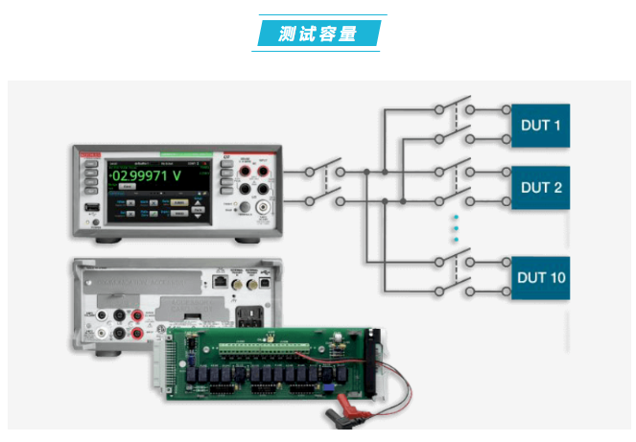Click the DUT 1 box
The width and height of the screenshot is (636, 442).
[539, 126]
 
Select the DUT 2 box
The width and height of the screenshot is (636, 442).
[539, 187]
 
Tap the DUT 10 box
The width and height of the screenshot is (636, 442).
[539, 278]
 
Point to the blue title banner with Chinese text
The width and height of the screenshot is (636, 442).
[318, 35]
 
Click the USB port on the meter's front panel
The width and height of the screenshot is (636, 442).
[90, 208]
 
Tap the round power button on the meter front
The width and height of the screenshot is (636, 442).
[94, 226]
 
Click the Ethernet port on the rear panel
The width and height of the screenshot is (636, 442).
[219, 284]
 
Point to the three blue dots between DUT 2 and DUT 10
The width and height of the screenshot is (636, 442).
[455, 229]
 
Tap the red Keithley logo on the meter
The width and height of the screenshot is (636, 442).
[92, 154]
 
